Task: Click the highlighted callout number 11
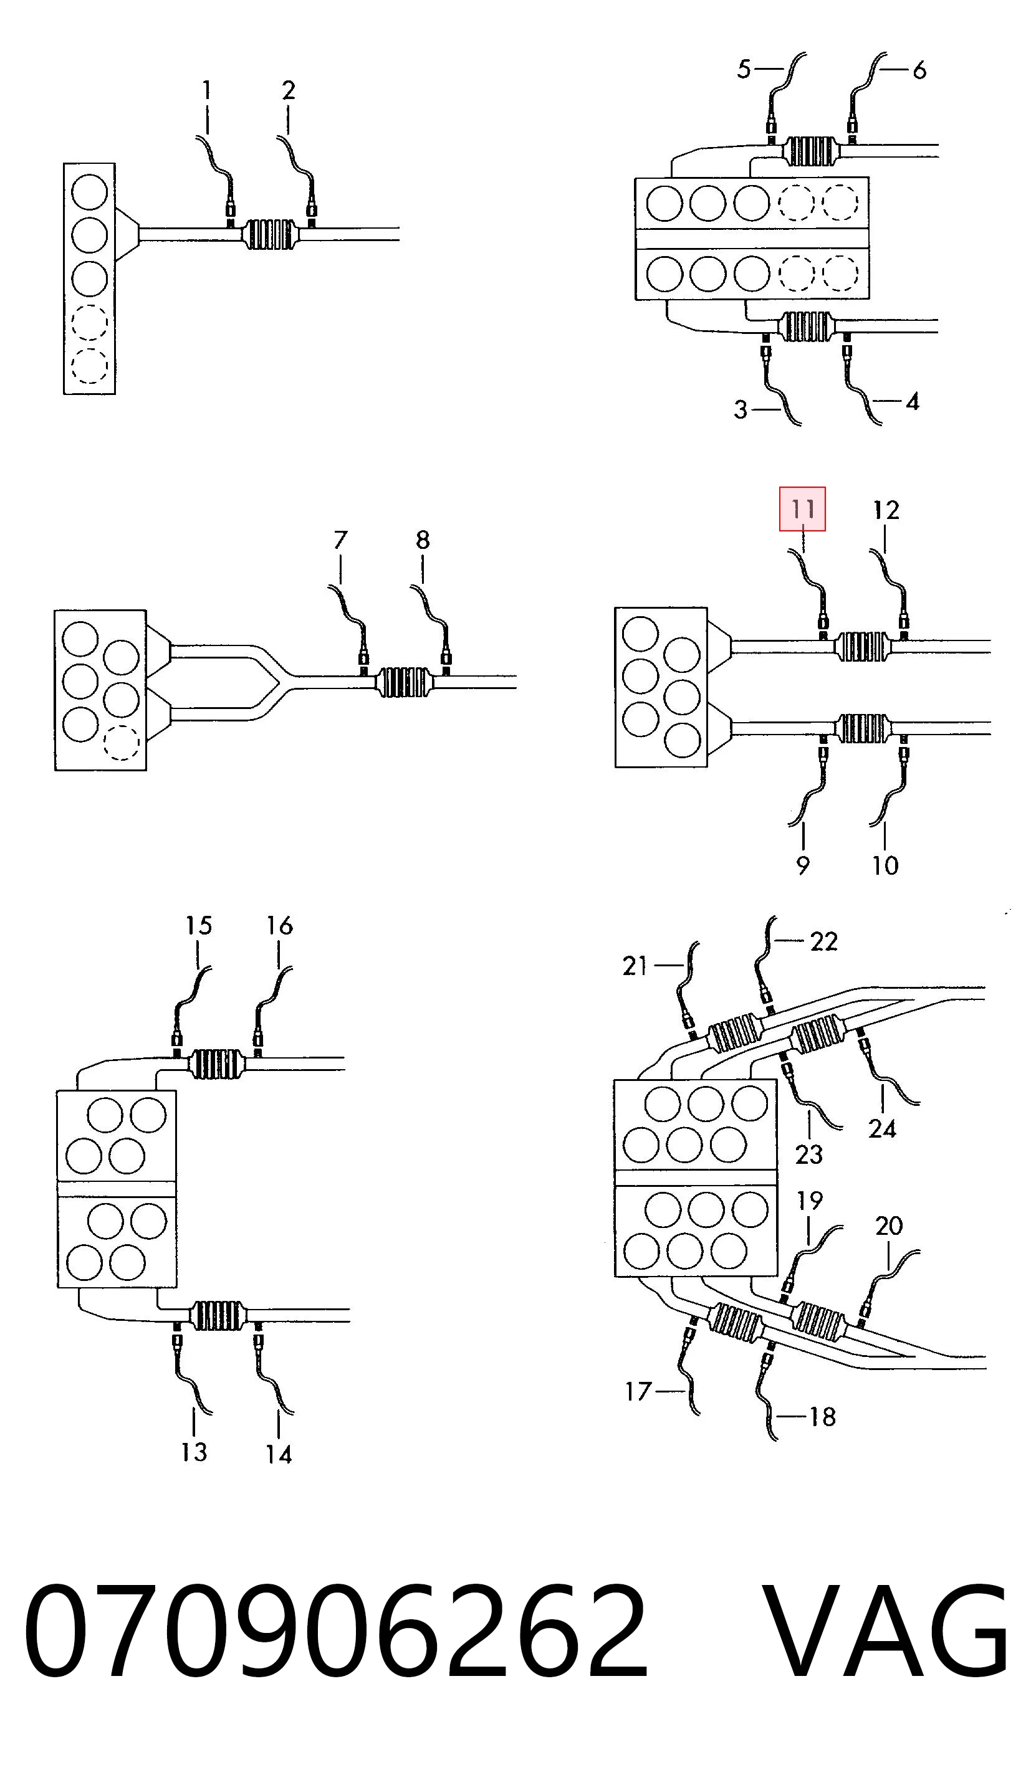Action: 802,508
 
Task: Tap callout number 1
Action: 206,90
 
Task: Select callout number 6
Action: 919,70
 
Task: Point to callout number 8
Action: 422,540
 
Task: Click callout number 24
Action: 882,1130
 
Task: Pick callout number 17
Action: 638,1391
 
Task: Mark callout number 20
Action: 888,1226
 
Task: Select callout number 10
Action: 885,865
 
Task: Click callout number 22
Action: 823,941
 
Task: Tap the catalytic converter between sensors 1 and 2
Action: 269,234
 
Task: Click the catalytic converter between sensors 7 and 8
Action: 404,682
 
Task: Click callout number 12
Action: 886,510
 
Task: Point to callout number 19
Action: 810,1201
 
